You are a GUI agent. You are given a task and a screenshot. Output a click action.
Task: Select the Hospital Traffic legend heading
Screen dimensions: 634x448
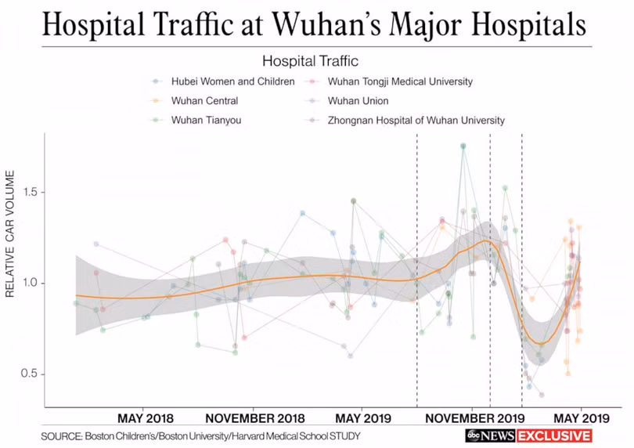pos(310,61)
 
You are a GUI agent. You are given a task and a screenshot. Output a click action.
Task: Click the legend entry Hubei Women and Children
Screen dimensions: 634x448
pos(233,81)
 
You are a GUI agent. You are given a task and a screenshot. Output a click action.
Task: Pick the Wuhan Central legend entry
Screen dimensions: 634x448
pos(204,101)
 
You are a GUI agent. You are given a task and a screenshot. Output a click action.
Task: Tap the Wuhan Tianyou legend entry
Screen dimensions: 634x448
pos(206,120)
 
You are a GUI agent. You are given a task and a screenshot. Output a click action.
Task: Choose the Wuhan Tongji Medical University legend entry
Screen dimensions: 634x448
pos(400,81)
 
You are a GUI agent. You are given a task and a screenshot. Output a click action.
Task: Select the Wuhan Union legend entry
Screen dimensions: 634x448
pos(358,101)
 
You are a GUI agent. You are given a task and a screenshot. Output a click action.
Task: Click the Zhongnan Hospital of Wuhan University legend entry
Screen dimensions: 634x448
pos(416,120)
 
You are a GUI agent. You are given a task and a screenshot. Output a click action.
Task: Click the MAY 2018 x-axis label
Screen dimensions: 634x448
pos(145,418)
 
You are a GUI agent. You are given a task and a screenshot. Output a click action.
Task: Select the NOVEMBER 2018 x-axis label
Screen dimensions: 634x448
pos(254,418)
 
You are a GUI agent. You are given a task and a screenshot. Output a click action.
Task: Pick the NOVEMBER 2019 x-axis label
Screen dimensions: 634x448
pos(474,418)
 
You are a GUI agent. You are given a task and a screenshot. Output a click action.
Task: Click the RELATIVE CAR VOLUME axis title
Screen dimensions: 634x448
pos(10,233)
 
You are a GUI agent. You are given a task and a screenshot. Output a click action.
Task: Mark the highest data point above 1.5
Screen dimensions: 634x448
pos(463,146)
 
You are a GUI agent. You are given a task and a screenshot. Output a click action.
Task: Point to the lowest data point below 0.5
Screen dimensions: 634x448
pos(542,395)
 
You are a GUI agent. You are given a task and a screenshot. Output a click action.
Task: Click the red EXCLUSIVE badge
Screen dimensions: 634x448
pos(554,435)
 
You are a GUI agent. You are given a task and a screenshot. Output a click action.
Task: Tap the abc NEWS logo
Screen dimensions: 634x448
pos(491,435)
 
